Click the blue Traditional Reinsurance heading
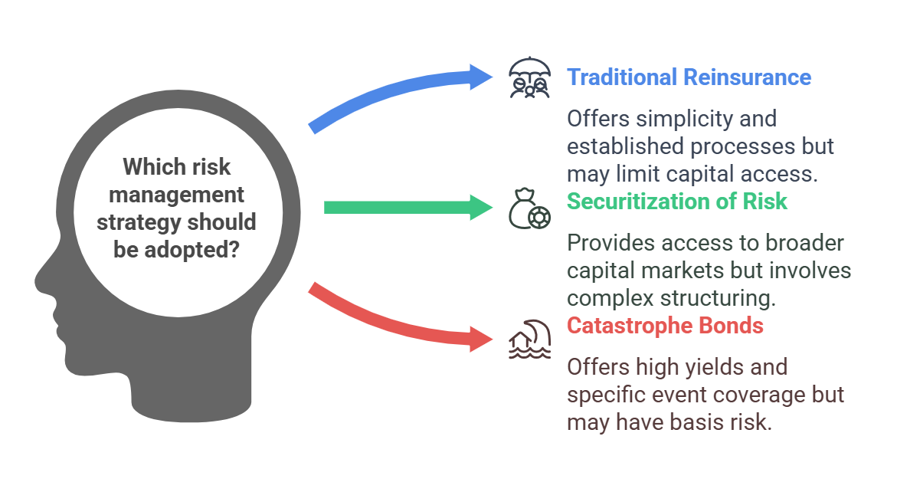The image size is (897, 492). [x=689, y=77]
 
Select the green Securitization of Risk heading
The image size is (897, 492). [x=676, y=202]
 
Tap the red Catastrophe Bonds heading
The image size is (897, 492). [x=665, y=326]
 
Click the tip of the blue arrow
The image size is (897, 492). [x=493, y=77]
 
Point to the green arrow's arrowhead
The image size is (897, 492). [x=482, y=207]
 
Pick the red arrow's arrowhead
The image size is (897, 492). [x=482, y=339]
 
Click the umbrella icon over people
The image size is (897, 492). [x=530, y=78]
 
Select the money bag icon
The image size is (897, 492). [x=530, y=208]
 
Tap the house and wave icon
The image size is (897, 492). [x=530, y=339]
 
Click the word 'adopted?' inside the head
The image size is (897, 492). [x=191, y=250]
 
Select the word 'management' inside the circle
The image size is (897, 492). [x=176, y=195]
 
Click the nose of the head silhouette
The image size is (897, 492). [x=40, y=280]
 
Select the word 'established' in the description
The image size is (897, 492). [x=625, y=146]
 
